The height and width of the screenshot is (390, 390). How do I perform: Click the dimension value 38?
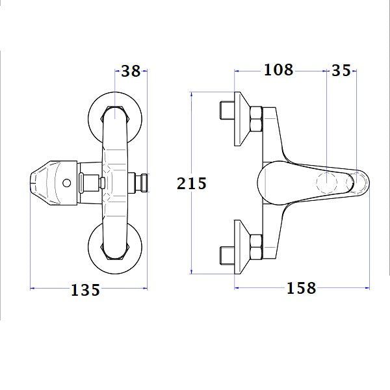(x=131, y=71)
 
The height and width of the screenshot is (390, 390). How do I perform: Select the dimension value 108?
(x=278, y=70)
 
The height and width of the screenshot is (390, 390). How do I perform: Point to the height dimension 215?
(x=192, y=184)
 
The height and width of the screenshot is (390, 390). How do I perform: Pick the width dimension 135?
(x=86, y=290)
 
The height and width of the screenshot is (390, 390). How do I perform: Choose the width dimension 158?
(x=300, y=287)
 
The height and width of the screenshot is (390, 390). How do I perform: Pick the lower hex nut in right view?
(x=254, y=248)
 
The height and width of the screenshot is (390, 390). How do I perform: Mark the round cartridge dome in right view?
(x=273, y=182)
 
